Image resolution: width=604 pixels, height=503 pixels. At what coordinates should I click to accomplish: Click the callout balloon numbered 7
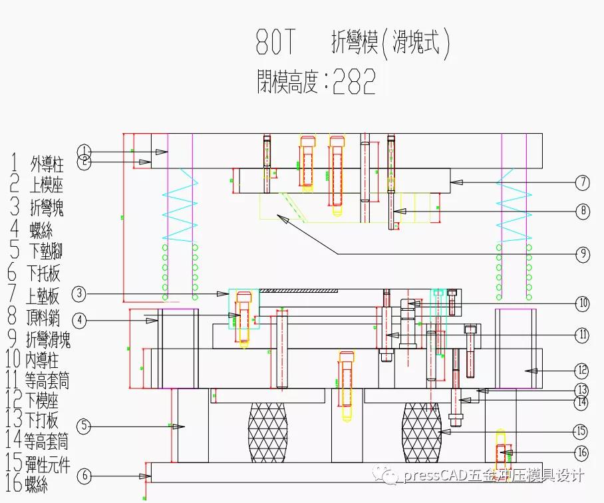pos(582,182)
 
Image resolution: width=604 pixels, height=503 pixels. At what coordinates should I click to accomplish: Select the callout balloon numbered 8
pos(582,212)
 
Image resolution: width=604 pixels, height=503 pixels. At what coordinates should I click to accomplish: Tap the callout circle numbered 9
pos(582,253)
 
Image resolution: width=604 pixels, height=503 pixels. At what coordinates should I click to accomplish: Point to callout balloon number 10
pos(582,303)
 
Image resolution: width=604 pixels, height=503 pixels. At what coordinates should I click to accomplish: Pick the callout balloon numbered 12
pos(582,370)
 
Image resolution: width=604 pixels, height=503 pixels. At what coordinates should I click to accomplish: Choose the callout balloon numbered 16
pos(582,452)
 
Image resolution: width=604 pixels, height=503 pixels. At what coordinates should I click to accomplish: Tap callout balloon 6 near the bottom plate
pos(84,476)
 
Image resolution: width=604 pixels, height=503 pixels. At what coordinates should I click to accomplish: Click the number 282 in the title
pos(355,83)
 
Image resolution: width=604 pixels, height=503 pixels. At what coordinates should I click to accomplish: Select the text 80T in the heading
pos(275,43)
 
